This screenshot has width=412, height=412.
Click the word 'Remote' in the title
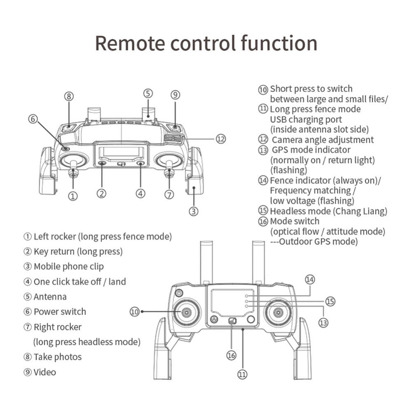pos(130,43)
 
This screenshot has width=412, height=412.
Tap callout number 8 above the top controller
pos(69,96)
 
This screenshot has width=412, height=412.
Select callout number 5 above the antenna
pos(148,94)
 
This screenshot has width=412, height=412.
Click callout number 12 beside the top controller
pos(221,139)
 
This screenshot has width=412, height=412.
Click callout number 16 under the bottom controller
pos(232,355)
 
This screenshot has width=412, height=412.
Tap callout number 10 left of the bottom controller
pos(135,311)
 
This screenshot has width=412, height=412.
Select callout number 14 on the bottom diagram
pos(309,279)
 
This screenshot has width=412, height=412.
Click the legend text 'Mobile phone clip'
pos(68,267)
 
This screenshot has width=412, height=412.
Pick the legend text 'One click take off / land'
pos(80,282)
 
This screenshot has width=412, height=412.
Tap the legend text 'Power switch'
pos(60,312)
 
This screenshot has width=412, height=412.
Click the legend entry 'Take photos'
pos(57,357)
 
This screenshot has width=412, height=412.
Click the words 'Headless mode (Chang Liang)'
pos(328,211)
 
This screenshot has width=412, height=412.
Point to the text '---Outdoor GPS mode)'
pos(314,241)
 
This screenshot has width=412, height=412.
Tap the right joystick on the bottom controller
pos(279,313)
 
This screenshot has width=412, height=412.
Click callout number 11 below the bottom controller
pos(242,374)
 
